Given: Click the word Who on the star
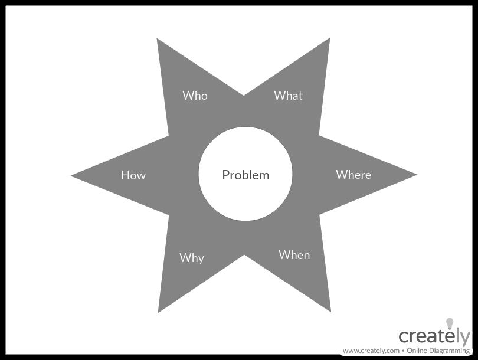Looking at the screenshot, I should [x=195, y=96].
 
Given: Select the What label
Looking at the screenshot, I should [x=288, y=96].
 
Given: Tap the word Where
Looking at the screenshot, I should [x=353, y=175].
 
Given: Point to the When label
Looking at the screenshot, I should [x=294, y=255].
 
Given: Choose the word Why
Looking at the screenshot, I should [x=192, y=258].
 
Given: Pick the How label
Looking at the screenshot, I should [x=133, y=175].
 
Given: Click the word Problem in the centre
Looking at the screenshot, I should [x=245, y=175].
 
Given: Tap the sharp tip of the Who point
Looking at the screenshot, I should [x=158, y=39].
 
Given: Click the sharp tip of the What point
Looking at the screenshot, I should [x=329, y=39].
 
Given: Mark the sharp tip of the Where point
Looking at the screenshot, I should [x=416, y=175].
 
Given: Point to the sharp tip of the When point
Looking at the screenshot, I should [x=330, y=311].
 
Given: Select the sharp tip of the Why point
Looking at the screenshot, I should [x=159, y=312].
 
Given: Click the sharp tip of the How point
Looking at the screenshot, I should [x=72, y=175].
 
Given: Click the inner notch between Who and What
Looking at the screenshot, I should [x=244, y=94].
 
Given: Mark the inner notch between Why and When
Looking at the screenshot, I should [x=244, y=255].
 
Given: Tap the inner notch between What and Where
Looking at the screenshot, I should [x=319, y=136].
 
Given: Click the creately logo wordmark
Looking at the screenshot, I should [x=434, y=336].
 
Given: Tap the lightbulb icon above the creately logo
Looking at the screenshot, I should [x=450, y=323].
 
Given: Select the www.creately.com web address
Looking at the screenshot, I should [x=371, y=351].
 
